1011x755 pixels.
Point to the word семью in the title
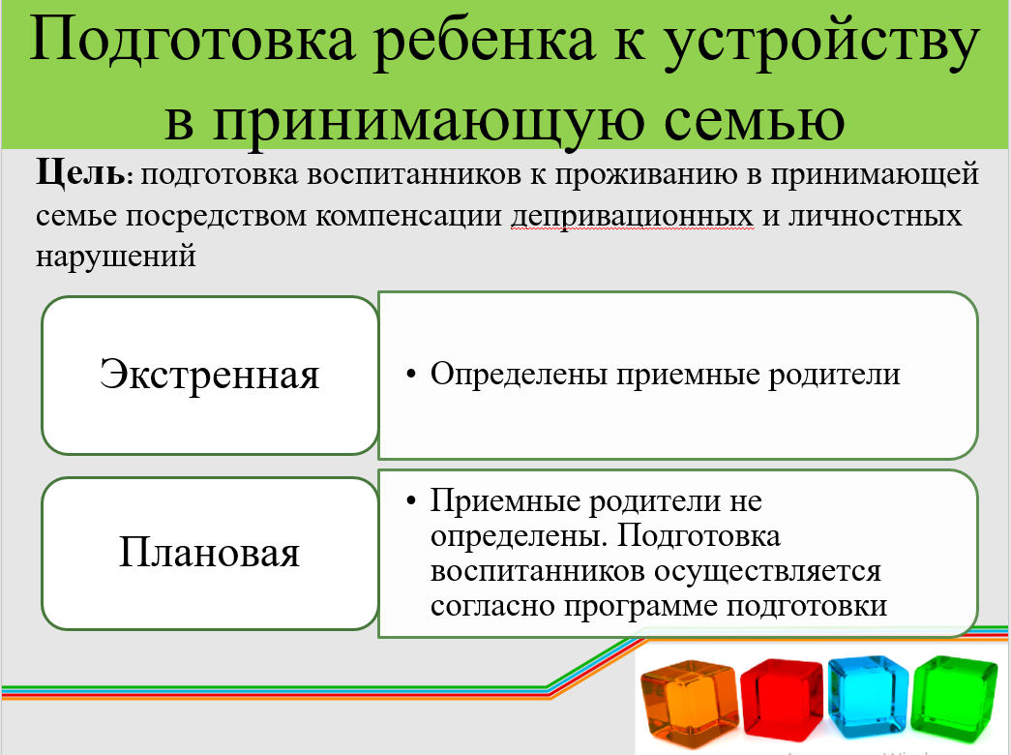(x=754, y=120)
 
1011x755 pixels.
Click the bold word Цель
(x=81, y=174)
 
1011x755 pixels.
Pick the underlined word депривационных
(x=632, y=217)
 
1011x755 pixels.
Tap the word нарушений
(x=116, y=257)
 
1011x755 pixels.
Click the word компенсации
(x=408, y=217)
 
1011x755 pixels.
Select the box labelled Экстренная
(x=210, y=376)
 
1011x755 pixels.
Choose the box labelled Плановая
(x=210, y=553)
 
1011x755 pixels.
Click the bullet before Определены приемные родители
(x=411, y=375)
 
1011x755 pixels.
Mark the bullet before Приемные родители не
(x=411, y=500)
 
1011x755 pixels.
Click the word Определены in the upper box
(x=519, y=375)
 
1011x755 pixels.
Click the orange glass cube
(x=689, y=702)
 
